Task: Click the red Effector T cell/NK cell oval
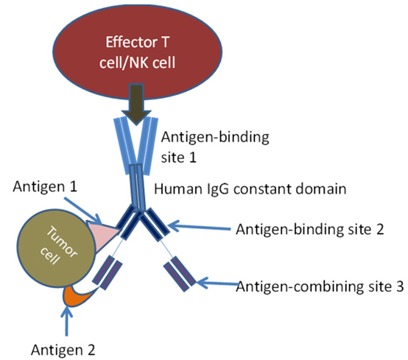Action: pyautogui.click(x=138, y=52)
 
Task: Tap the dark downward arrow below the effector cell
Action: pyautogui.click(x=136, y=103)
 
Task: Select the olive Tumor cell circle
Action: pyautogui.click(x=56, y=248)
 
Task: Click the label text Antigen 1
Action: pyautogui.click(x=45, y=187)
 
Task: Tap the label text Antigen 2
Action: pyautogui.click(x=63, y=350)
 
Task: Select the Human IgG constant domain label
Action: pyautogui.click(x=250, y=189)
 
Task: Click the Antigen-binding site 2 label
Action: pyautogui.click(x=310, y=230)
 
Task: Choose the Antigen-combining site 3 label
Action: pyautogui.click(x=320, y=287)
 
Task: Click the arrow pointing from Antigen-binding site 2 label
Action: pyautogui.click(x=200, y=227)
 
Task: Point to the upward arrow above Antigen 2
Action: pyautogui.click(x=67, y=320)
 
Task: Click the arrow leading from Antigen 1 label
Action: pyautogui.click(x=83, y=210)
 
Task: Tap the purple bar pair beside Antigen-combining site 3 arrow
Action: pyautogui.click(x=180, y=274)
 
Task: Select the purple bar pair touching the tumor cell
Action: pyautogui.click(x=108, y=272)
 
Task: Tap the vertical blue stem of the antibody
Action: pyautogui.click(x=137, y=187)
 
